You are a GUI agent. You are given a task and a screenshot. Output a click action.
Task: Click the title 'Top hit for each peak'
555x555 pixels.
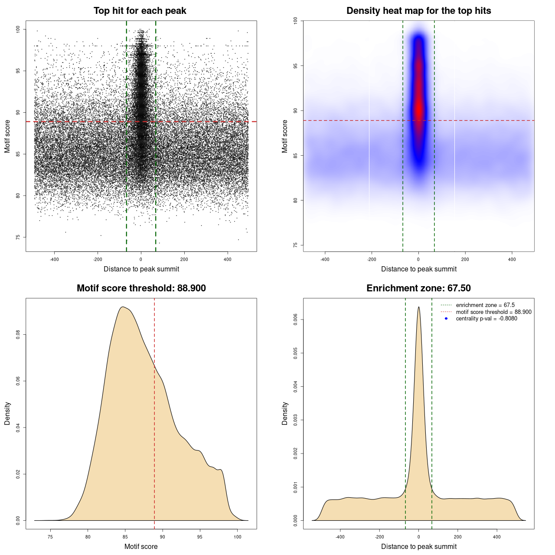(140, 11)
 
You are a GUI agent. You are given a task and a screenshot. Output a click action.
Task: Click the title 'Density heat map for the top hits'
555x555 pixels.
(418, 11)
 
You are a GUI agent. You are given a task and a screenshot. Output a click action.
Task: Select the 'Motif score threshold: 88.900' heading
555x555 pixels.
(141, 288)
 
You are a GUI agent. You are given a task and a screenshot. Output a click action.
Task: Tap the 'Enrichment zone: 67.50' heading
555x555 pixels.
(418, 288)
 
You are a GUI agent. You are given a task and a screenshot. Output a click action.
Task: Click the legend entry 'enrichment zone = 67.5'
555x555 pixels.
(485, 305)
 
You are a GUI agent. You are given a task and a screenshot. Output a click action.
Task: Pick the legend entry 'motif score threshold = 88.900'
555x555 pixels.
(493, 312)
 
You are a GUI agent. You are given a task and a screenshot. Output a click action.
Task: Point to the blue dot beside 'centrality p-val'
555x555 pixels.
(446, 319)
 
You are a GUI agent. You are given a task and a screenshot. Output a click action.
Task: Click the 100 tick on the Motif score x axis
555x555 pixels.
(237, 537)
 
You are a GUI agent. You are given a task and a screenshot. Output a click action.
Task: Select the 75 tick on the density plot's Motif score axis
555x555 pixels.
(50, 537)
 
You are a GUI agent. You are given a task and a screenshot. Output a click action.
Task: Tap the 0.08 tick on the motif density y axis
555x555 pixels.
(18, 335)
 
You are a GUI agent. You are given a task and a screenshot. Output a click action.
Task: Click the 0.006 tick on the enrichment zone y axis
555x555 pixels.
(295, 320)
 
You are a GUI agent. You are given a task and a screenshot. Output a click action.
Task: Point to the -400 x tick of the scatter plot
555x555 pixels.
(54, 259)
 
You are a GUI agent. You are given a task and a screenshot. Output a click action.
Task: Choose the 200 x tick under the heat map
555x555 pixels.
(465, 259)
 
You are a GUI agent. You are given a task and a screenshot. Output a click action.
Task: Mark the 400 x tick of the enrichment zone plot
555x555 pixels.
(497, 537)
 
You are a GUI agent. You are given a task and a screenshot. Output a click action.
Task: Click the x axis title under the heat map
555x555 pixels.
(418, 269)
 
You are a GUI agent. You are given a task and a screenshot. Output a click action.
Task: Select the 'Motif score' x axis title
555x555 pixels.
(141, 546)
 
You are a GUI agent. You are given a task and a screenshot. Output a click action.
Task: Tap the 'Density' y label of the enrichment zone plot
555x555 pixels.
(285, 413)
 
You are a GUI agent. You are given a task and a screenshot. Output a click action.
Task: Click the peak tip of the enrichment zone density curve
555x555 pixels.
(418, 307)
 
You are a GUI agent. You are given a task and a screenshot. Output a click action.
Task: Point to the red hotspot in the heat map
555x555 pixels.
(418, 108)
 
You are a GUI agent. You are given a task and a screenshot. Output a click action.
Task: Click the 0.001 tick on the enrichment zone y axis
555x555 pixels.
(295, 487)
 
